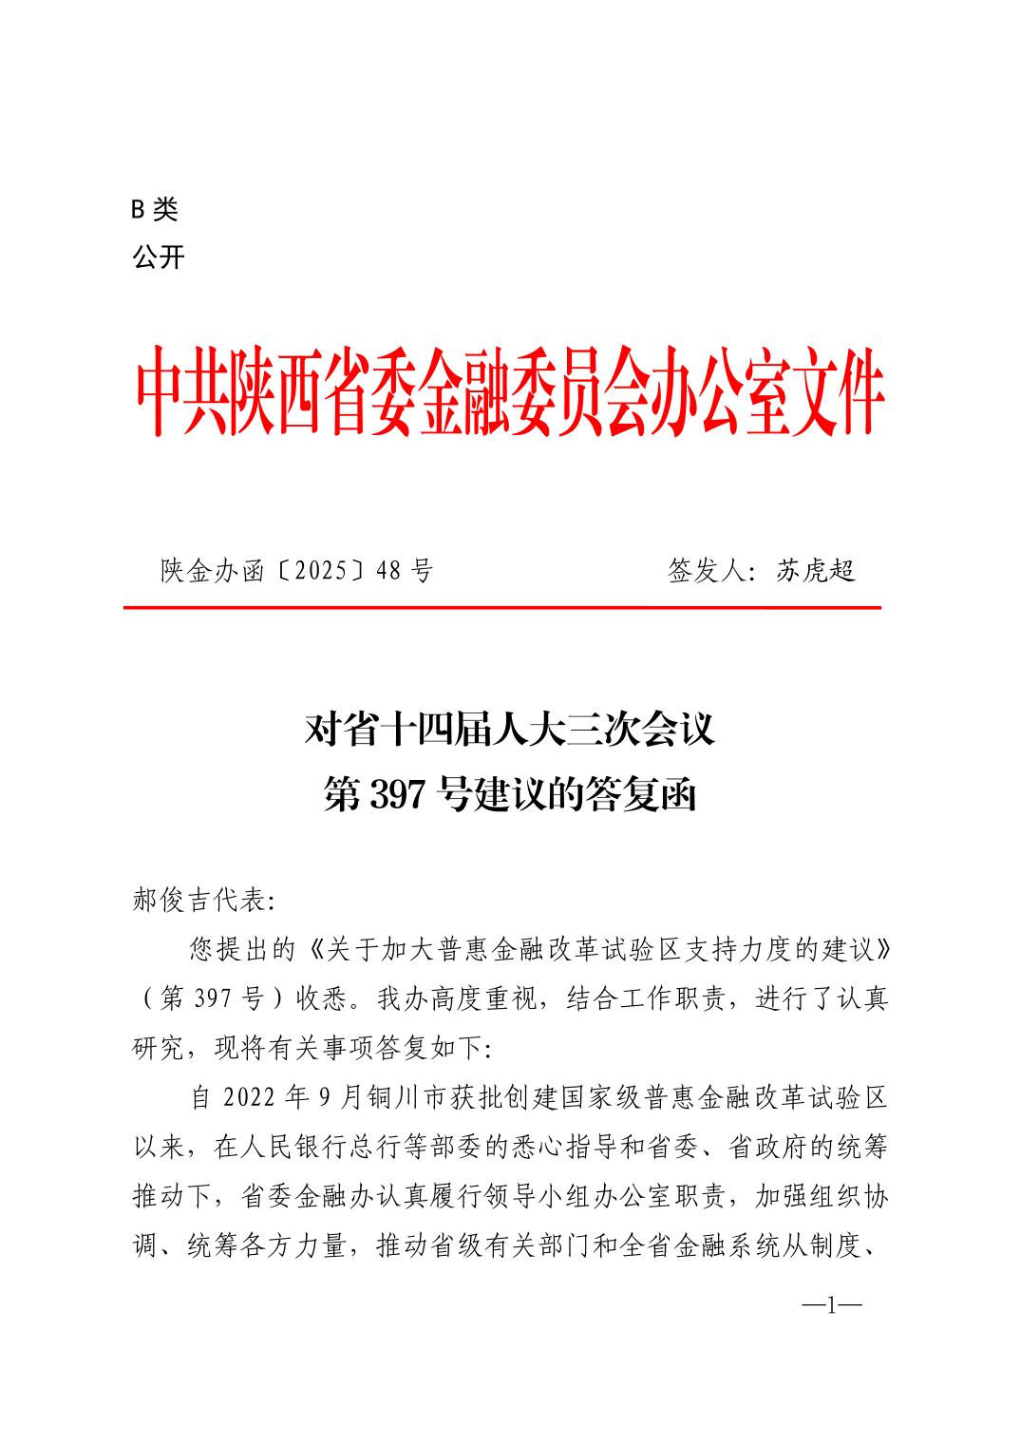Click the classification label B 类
pyautogui.click(x=155, y=210)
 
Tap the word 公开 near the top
pyautogui.click(x=159, y=257)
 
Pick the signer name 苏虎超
pyautogui.click(x=816, y=571)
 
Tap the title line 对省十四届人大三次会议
pyautogui.click(x=509, y=731)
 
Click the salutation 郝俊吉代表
pyautogui.click(x=199, y=900)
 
